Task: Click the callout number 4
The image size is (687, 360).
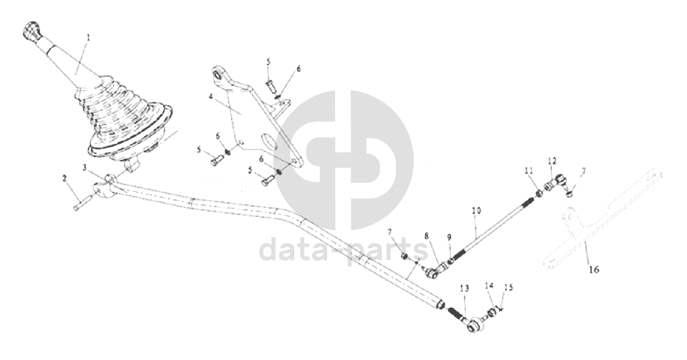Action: click(x=211, y=97)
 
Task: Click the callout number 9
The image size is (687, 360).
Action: click(x=449, y=238)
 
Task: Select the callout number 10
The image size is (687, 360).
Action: click(x=476, y=211)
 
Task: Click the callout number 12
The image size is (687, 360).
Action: click(x=552, y=161)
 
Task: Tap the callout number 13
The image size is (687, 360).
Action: click(x=465, y=288)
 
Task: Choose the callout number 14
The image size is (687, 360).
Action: click(x=490, y=286)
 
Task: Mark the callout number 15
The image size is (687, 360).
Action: click(x=508, y=288)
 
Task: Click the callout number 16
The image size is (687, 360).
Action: click(x=594, y=270)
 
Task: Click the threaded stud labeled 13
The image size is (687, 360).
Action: click(x=456, y=313)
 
